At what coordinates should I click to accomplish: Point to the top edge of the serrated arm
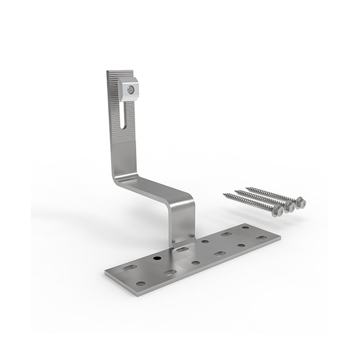pyautogui.click(x=114, y=71)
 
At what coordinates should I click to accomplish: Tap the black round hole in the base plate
pyautogui.click(x=157, y=258)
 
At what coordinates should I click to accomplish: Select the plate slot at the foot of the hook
pyautogui.click(x=183, y=248)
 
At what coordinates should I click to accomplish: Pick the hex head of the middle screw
pyautogui.click(x=289, y=206)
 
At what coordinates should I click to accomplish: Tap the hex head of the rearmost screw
pyautogui.click(x=300, y=201)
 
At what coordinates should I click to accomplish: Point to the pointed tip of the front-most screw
pyautogui.click(x=223, y=194)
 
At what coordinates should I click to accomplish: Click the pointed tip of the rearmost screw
pyautogui.click(x=247, y=187)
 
